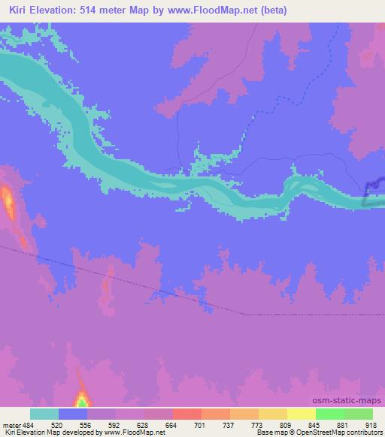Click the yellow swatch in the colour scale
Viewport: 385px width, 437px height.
(301, 414)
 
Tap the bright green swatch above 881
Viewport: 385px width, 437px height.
(329, 414)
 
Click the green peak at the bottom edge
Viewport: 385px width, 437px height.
(81, 402)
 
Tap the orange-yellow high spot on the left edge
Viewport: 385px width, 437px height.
(8, 199)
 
